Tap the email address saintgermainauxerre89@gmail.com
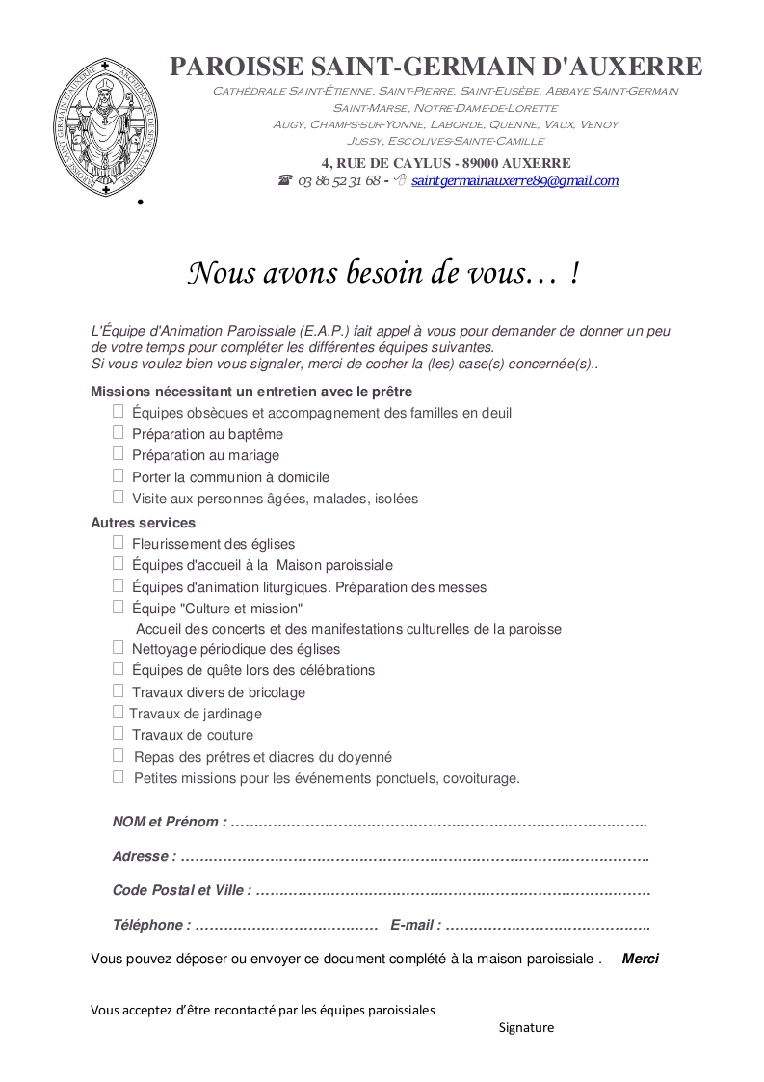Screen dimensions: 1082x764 coord(514,180)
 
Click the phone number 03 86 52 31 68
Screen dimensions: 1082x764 coord(338,180)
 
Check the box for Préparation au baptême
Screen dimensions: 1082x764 coord(119,432)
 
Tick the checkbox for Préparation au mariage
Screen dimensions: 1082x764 coord(119,453)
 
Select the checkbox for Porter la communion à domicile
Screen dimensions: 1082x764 coord(119,475)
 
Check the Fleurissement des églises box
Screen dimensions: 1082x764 coord(119,542)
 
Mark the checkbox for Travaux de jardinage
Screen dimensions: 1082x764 coord(119,712)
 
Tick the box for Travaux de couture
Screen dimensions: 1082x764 coord(119,733)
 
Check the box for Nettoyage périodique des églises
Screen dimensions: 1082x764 coord(119,647)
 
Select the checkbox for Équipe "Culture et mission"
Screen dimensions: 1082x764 coord(119,607)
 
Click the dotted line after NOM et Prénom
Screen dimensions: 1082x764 coord(438,823)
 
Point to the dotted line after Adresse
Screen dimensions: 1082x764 coord(414,856)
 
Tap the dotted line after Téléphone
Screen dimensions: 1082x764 coord(286,925)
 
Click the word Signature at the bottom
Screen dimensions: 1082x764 coord(526,1027)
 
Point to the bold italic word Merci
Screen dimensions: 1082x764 coord(641,959)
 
